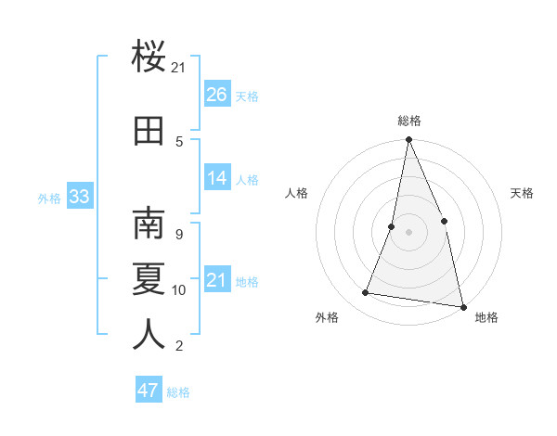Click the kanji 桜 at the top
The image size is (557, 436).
[x=149, y=58]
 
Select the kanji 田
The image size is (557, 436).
[x=149, y=131]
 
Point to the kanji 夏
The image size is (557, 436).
[x=149, y=279]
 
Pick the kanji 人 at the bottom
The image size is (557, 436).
[x=149, y=334]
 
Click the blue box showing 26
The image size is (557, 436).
[x=217, y=95]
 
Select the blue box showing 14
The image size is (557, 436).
[x=217, y=178]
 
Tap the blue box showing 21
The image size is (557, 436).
[x=217, y=280]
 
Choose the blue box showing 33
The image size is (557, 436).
[x=79, y=197]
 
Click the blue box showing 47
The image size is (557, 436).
[x=149, y=391]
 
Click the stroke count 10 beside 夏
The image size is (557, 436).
[x=179, y=290]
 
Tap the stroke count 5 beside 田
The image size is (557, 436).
[x=178, y=141]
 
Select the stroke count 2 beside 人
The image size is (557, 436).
[x=178, y=346]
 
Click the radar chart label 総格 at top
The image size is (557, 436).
[x=408, y=121]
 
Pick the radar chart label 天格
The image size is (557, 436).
[x=522, y=193]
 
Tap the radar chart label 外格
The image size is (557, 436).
[x=327, y=317]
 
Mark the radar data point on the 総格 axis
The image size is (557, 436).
[x=408, y=141]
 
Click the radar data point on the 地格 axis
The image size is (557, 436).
[x=462, y=305]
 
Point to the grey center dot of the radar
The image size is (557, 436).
[x=408, y=232]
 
